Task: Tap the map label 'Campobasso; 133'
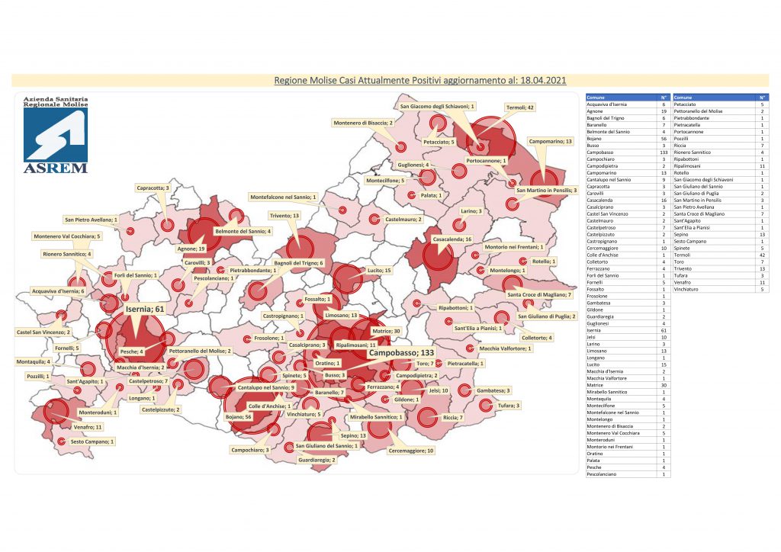[401, 354]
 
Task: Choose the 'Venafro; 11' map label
[88, 428]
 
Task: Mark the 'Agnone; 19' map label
[190, 249]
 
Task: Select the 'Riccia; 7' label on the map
[453, 418]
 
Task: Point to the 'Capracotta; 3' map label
[153, 188]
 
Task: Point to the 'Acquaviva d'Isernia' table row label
[611, 105]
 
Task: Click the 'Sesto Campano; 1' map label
[92, 441]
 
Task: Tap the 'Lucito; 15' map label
[378, 271]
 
